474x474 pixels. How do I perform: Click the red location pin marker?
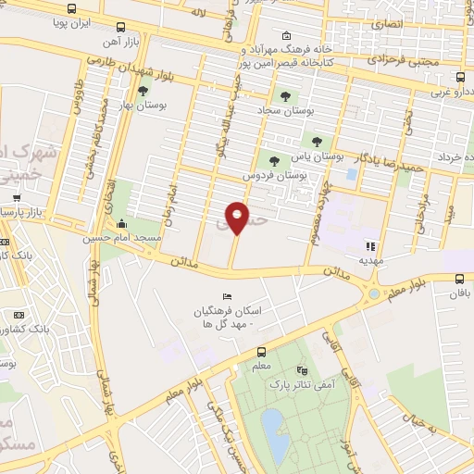(237, 218)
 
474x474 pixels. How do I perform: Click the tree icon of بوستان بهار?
(143, 91)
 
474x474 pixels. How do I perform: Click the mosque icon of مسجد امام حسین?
(122, 224)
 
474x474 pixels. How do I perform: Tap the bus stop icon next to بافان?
(461, 278)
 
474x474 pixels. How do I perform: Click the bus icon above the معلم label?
(262, 352)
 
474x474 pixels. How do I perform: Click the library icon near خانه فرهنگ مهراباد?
(285, 37)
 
